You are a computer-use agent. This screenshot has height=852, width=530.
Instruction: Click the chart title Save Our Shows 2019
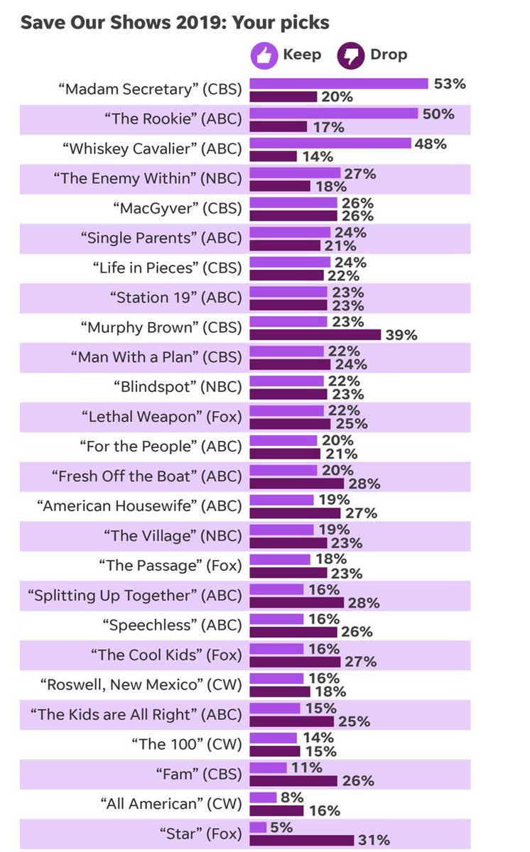pyautogui.click(x=174, y=23)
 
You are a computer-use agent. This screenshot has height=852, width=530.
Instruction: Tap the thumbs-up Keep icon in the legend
pyautogui.click(x=264, y=55)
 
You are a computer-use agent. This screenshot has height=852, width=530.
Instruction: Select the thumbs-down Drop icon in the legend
pyautogui.click(x=350, y=55)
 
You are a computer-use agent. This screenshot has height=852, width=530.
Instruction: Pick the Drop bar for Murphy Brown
pyautogui.click(x=315, y=334)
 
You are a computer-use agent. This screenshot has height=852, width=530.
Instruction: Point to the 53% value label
pyautogui.click(x=450, y=84)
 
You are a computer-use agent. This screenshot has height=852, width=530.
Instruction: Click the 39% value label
pyautogui.click(x=401, y=335)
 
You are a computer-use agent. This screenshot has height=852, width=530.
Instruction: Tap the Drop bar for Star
pyautogui.click(x=302, y=841)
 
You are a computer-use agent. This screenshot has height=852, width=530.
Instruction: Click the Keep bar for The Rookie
pyautogui.click(x=334, y=114)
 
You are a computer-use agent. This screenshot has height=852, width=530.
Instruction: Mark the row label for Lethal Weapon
pyautogui.click(x=161, y=417)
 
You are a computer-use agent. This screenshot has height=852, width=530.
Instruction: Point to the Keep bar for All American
pyautogui.click(x=263, y=797)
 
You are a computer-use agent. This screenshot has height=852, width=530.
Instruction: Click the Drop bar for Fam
pyautogui.click(x=293, y=781)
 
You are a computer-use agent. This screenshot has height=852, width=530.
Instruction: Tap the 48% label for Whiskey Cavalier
pyautogui.click(x=431, y=143)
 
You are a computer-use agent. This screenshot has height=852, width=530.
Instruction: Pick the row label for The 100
pyautogui.click(x=186, y=745)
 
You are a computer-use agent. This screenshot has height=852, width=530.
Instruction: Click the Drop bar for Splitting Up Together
pyautogui.click(x=297, y=603)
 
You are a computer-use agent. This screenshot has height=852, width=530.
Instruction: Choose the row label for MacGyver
pyautogui.click(x=177, y=209)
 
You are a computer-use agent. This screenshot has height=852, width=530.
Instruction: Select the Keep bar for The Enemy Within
pyautogui.click(x=295, y=173)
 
